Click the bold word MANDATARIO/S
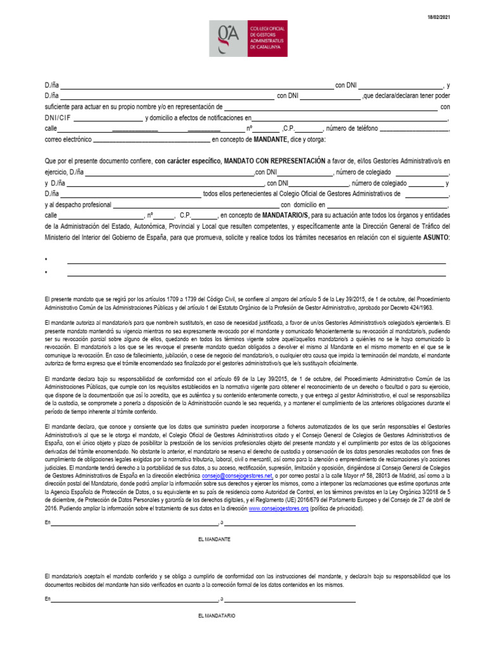coord(285,215)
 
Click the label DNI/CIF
coord(58,118)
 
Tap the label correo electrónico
coord(68,139)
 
